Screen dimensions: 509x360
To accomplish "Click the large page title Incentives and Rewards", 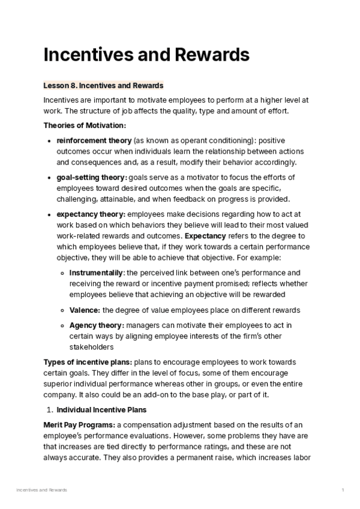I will pyautogui.click(x=146, y=55).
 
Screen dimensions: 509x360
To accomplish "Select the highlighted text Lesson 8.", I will pyautogui.click(x=59, y=86).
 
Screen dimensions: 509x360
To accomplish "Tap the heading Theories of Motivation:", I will pyautogui.click(x=85, y=125).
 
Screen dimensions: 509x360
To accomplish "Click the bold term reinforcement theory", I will pyautogui.click(x=94, y=140).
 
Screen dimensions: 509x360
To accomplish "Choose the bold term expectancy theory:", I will pyautogui.click(x=91, y=214).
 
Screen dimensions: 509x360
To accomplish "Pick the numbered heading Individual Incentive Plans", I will pyautogui.click(x=101, y=410).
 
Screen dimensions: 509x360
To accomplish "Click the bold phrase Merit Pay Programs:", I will pyautogui.click(x=79, y=425).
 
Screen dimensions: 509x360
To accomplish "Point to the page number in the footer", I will pyautogui.click(x=343, y=490).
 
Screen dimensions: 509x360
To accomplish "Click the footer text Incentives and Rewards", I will pyautogui.click(x=41, y=490).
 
